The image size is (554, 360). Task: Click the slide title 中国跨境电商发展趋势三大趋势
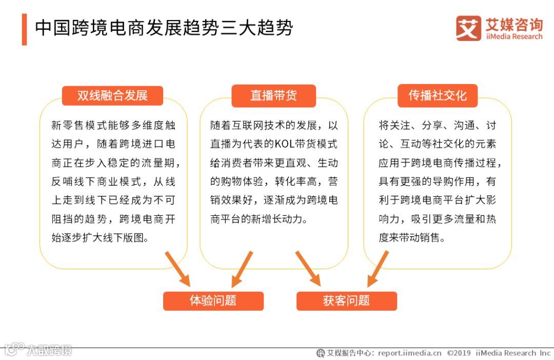coord(164,28)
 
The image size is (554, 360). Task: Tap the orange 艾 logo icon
coord(468,28)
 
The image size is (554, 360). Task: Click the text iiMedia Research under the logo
coord(513,37)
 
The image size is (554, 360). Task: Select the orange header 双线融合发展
coord(112,96)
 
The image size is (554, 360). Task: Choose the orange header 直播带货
coord(273,96)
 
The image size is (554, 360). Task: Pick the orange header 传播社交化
coord(438,96)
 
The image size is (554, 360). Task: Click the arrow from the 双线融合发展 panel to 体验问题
coord(177,268)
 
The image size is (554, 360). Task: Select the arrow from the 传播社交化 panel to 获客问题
coord(378,268)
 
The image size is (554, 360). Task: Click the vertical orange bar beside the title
coord(24,29)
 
